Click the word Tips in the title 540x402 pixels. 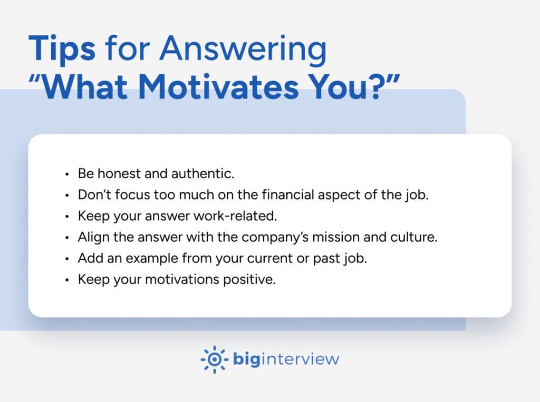[x=62, y=49]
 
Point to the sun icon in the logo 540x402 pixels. [x=214, y=359]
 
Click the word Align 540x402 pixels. [x=91, y=237]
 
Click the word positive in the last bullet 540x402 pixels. [x=252, y=279]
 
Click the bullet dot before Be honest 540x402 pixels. [x=66, y=173]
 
